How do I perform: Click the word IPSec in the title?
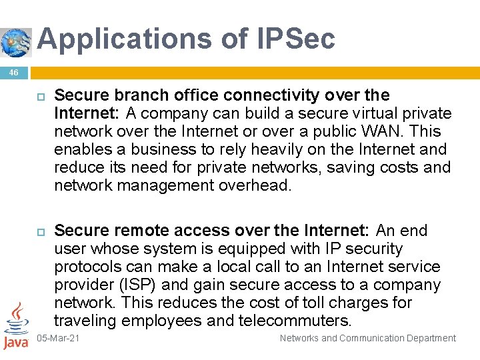pyautogui.click(x=296, y=39)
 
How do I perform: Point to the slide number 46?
pyautogui.click(x=14, y=72)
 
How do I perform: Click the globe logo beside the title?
pyautogui.click(x=16, y=42)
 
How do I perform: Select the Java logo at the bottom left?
pyautogui.click(x=15, y=326)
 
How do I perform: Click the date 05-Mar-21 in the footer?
pyautogui.click(x=58, y=339)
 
